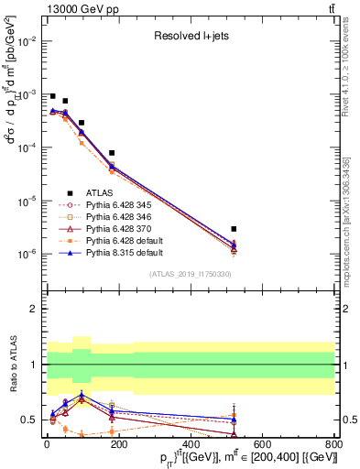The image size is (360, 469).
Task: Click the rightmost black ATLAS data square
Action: (234, 229)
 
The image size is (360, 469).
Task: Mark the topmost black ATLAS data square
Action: (52, 96)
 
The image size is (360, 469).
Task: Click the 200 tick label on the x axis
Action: (117, 446)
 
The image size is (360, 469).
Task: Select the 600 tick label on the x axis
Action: (261, 446)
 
